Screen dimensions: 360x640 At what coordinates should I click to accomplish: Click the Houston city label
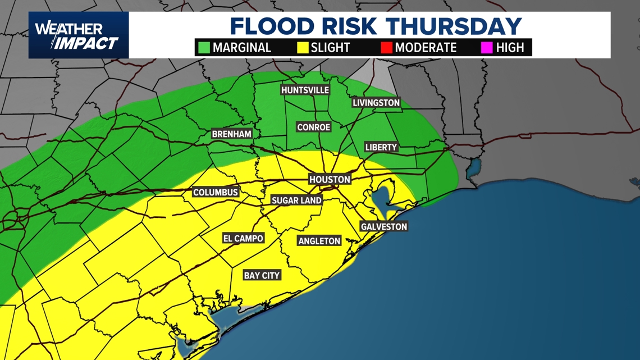tap(330, 180)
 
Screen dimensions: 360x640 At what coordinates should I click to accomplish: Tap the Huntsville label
tap(305, 90)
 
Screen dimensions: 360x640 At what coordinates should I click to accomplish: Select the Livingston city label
tap(376, 103)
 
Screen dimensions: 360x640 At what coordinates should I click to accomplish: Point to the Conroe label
tap(314, 127)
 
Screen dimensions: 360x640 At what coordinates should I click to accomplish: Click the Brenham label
tap(231, 134)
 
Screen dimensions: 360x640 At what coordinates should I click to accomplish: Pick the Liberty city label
tap(381, 147)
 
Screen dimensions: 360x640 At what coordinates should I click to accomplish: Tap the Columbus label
tap(216, 193)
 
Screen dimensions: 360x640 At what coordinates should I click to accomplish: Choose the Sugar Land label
tap(296, 200)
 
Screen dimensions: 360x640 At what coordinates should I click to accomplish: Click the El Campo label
tap(243, 239)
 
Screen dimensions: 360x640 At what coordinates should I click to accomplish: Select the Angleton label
tap(319, 241)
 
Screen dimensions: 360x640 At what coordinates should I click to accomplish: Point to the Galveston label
tap(384, 227)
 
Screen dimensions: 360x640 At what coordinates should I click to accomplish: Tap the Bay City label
tap(262, 276)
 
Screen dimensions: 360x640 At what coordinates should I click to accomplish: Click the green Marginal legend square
tap(204, 48)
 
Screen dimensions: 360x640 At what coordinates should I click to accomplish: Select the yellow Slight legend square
tap(304, 48)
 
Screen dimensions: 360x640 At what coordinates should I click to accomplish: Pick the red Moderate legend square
tap(386, 48)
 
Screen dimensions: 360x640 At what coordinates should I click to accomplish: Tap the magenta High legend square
tap(487, 48)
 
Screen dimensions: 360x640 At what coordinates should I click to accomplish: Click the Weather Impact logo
tap(78, 35)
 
